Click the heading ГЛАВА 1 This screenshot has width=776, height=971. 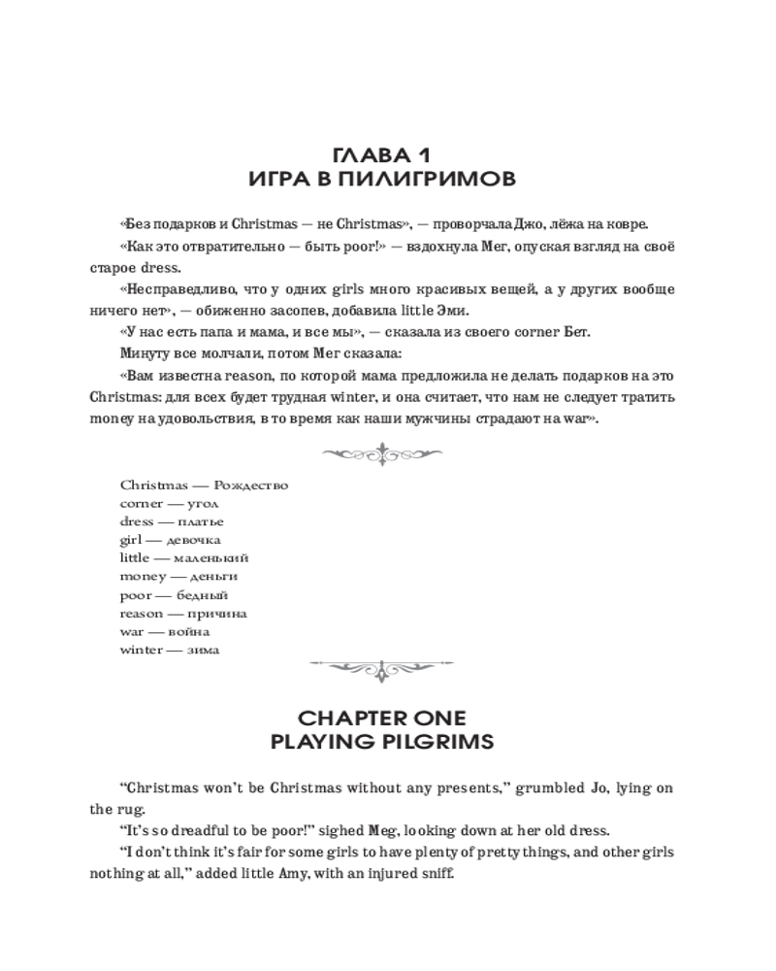click(388, 154)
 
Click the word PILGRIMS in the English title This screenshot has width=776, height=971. click(441, 743)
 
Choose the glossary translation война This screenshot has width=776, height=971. click(188, 632)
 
